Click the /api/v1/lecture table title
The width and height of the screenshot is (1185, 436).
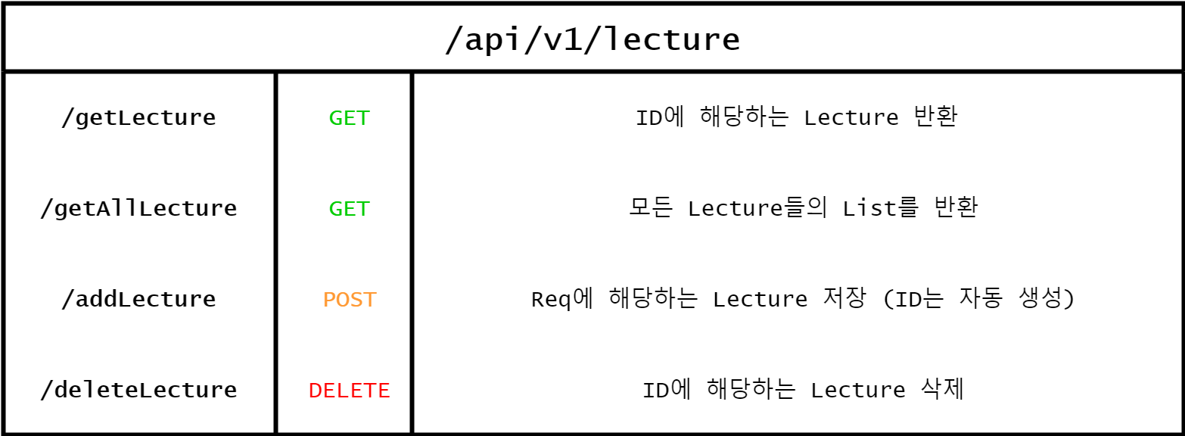click(x=592, y=39)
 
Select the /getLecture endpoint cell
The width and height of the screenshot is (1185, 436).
click(x=138, y=118)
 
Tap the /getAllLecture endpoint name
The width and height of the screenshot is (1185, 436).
click(x=138, y=209)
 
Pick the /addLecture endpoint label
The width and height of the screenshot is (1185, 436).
click(x=138, y=300)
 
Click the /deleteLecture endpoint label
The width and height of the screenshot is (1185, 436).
click(x=138, y=391)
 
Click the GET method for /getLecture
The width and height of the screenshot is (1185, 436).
click(x=349, y=118)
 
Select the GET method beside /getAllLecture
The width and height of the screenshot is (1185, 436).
click(x=349, y=209)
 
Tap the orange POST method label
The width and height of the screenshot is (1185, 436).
click(x=349, y=300)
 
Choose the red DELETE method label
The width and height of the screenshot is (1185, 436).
click(x=349, y=391)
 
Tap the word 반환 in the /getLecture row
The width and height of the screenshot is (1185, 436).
click(x=938, y=118)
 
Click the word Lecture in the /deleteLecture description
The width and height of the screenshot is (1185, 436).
click(x=857, y=391)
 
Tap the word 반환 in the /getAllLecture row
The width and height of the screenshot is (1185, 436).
click(x=958, y=208)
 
